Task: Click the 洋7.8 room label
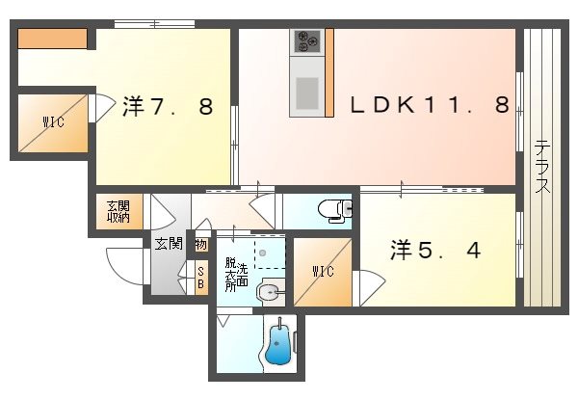tap(167, 107)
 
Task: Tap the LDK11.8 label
tap(429, 106)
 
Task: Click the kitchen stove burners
tap(308, 41)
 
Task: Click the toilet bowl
tap(331, 207)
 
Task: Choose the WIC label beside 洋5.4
tap(323, 272)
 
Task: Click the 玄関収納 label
tap(118, 210)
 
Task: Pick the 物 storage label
tap(200, 245)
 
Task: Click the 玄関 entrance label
tap(168, 244)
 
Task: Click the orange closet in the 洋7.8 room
tap(53, 40)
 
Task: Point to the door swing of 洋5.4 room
tap(369, 285)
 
